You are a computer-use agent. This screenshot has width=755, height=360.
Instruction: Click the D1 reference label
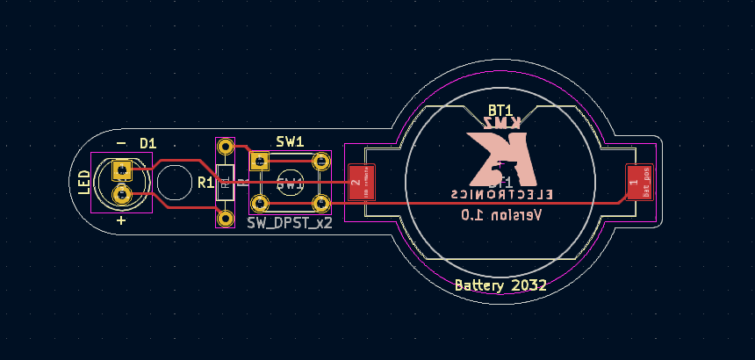[x=147, y=143]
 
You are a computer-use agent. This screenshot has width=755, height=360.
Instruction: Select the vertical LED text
[x=84, y=182]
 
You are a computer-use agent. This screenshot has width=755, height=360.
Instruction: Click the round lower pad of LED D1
[x=122, y=193]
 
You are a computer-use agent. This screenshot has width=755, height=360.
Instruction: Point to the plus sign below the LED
[x=121, y=220]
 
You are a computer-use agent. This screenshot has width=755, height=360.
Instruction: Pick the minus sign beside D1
[x=121, y=143]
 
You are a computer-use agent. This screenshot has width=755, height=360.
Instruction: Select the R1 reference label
[x=205, y=183]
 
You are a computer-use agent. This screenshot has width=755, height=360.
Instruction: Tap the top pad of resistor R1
[x=226, y=147]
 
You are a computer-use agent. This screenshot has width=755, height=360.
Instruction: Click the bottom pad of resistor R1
[x=226, y=216]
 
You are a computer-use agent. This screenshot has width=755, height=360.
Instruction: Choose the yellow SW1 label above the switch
[x=290, y=141]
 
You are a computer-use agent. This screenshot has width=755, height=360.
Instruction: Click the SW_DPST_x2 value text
[x=290, y=223]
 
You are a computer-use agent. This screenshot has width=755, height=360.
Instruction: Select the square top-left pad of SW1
[x=259, y=162]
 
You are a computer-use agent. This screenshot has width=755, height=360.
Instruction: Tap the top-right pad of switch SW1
[x=320, y=162]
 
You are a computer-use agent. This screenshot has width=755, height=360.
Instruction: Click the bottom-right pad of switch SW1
[x=320, y=205]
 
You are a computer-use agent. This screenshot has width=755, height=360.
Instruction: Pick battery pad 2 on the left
[x=361, y=183]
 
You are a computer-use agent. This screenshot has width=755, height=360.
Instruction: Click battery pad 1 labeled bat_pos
[x=639, y=183]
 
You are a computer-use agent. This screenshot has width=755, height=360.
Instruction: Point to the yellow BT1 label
[x=500, y=110]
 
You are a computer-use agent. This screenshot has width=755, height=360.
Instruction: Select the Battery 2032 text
[x=500, y=285]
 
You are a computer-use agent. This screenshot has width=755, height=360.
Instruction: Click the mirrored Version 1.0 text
[x=501, y=215]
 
